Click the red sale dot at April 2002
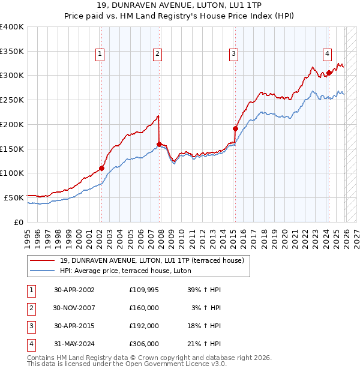tap(101, 168)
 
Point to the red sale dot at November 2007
tap(159, 143)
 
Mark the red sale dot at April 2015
tap(235, 128)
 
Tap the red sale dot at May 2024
tap(329, 73)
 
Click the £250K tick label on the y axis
tap(12, 100)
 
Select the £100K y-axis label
tap(12, 173)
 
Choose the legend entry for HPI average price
tap(125, 271)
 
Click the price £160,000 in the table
tap(144, 308)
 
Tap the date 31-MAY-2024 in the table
tap(74, 344)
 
